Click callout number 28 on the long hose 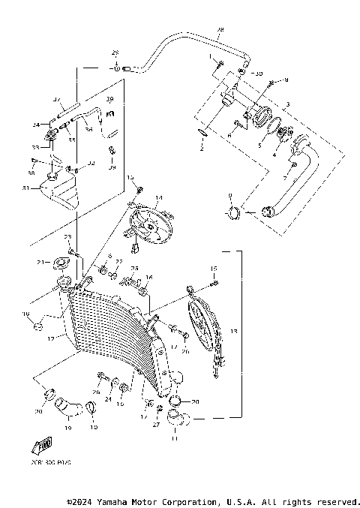(220, 30)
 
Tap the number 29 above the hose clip (115, 53)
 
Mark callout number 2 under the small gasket (201, 149)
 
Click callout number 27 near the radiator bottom (157, 425)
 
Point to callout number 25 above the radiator (135, 268)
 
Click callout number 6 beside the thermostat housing (229, 136)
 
